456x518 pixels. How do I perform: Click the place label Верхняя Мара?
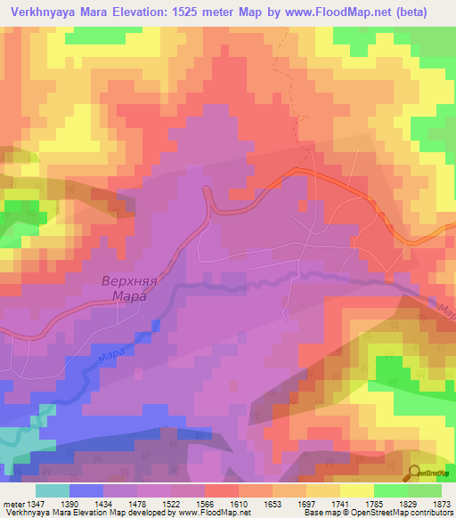click(x=123, y=290)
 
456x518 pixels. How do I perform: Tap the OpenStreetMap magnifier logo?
click(x=414, y=473)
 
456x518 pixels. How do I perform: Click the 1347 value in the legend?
click(x=48, y=504)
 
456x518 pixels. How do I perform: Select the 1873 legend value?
click(x=433, y=504)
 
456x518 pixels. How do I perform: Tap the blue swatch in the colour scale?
click(x=86, y=490)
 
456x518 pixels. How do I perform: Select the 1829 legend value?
click(x=394, y=504)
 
